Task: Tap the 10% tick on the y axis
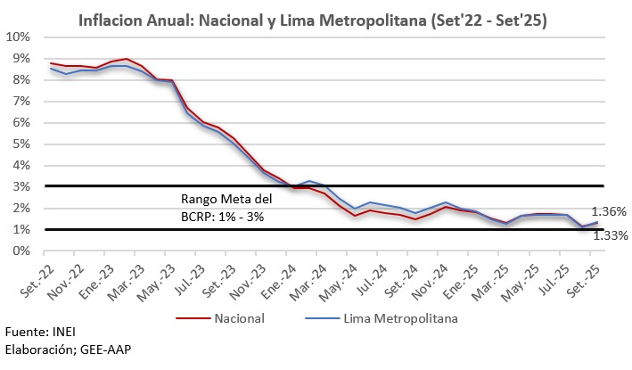(19, 37)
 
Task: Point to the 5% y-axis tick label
(21, 144)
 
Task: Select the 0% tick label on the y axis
(21, 251)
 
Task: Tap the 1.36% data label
(610, 212)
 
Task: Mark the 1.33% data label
(610, 235)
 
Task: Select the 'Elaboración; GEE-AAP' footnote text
(67, 349)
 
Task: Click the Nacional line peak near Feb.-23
(127, 59)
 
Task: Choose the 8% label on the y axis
(21, 79)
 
